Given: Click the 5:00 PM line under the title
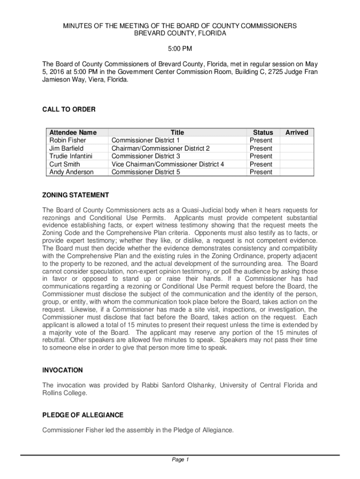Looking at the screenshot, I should (x=180, y=49).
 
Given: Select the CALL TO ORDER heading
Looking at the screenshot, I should (x=69, y=109).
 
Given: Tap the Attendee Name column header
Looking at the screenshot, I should (x=73, y=132).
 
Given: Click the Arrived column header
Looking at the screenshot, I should (x=297, y=132).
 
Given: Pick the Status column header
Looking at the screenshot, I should (x=263, y=132).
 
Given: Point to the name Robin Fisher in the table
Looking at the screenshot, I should (x=68, y=140).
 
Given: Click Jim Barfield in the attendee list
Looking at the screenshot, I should (x=67, y=148).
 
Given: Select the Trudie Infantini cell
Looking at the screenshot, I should (x=71, y=156).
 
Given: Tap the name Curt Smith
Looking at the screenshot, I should (x=65, y=164).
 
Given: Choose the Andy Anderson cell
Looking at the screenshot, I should (x=72, y=172).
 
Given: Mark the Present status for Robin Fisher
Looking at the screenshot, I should (x=261, y=140).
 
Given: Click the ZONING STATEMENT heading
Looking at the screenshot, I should (x=76, y=195).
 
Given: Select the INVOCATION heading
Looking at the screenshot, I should (x=63, y=370).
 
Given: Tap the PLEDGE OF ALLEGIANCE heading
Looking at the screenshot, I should (x=83, y=415).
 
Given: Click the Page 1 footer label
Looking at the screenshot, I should (x=180, y=460).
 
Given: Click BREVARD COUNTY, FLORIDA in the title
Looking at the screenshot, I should (x=180, y=34).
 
